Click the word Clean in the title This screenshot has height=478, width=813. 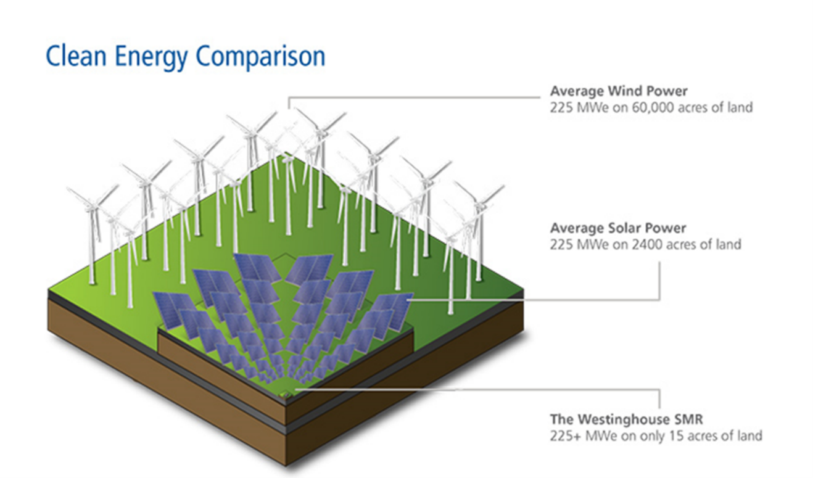(76, 56)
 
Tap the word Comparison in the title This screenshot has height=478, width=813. (260, 57)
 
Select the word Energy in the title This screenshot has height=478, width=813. (151, 58)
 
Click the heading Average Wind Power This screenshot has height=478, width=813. (619, 91)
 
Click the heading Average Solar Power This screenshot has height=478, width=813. (617, 228)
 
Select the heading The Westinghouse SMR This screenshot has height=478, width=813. (627, 419)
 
